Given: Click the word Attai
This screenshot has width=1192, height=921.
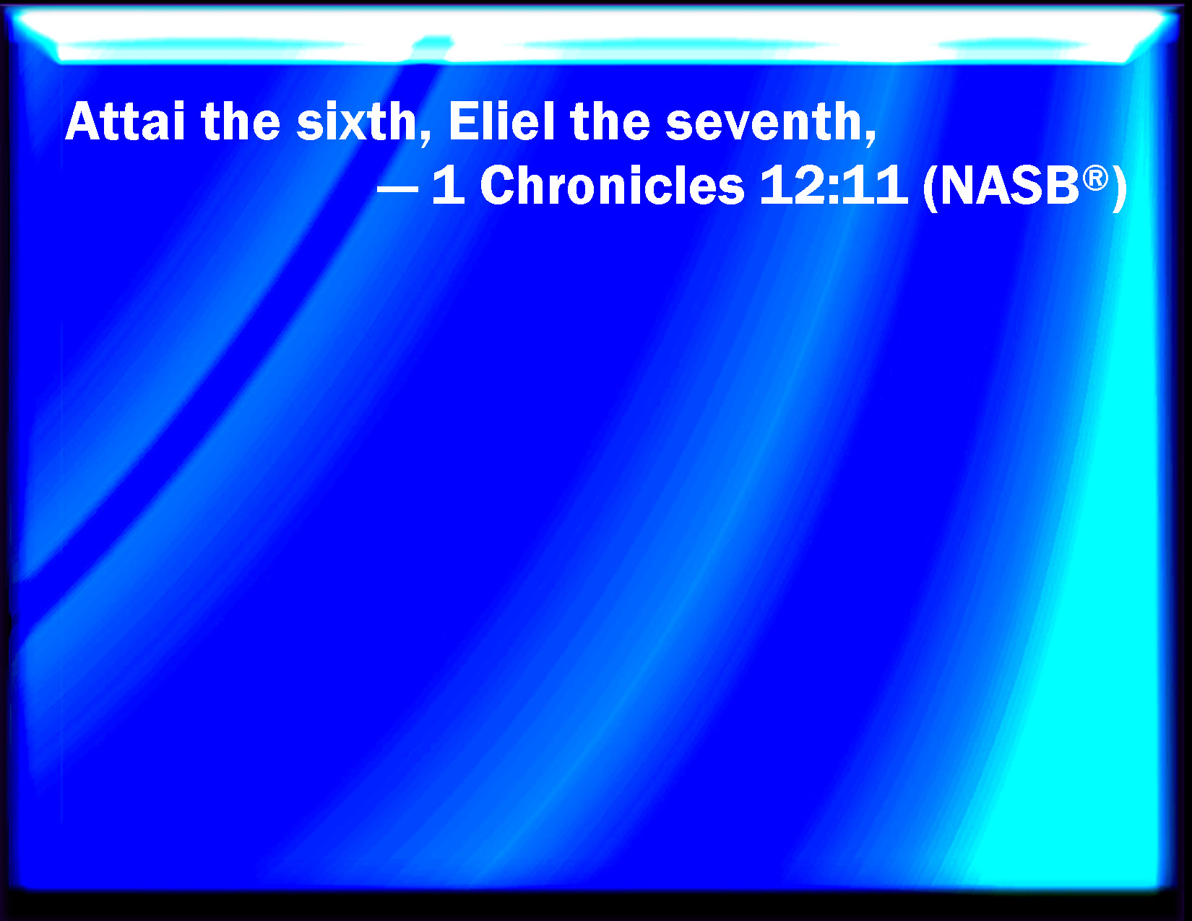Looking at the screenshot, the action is point(125,121).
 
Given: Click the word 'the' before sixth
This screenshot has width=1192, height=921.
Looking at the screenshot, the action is point(241,121).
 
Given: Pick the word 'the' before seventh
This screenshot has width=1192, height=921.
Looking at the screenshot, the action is point(610,121).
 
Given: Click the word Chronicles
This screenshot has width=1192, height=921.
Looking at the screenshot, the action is point(612,186).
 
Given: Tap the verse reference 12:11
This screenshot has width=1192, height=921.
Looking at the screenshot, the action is point(833,186).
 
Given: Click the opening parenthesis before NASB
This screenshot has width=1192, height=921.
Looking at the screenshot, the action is point(929,188).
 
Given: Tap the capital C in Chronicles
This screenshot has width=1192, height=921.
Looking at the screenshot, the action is point(498,186).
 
